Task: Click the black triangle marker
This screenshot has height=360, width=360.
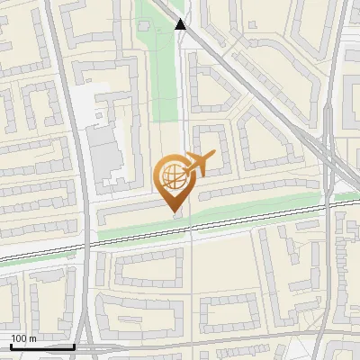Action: [182, 24]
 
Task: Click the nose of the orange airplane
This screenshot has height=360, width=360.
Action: [214, 155]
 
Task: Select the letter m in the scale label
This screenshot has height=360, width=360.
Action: [33, 338]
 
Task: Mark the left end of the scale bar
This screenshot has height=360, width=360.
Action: [10, 346]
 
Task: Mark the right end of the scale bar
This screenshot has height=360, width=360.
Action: [74, 346]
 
